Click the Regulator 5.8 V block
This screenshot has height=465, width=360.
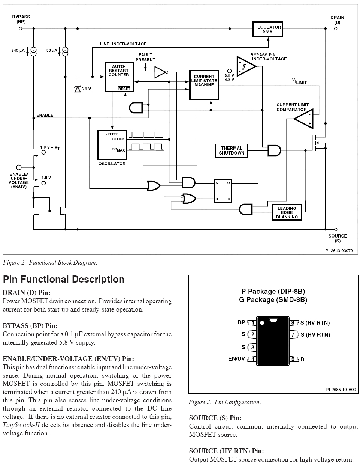[x=267, y=29]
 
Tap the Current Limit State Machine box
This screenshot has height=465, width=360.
[x=204, y=84]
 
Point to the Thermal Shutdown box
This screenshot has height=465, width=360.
[x=232, y=150]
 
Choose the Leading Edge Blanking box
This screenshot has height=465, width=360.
[x=287, y=212]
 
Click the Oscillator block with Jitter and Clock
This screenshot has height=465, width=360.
[x=112, y=145]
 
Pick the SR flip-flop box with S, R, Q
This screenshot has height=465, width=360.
[x=223, y=191]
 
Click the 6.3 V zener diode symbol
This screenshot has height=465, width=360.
[x=78, y=89]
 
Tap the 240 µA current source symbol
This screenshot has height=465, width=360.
[x=34, y=51]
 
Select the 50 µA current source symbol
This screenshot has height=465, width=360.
[x=65, y=51]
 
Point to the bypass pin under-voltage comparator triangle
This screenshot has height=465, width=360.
[x=245, y=66]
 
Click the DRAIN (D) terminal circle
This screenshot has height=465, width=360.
[x=335, y=29]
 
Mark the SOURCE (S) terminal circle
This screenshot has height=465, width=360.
[x=335, y=229]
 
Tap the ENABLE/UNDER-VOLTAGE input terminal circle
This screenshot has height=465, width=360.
[x=19, y=167]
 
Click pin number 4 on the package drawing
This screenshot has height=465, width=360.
[x=253, y=359]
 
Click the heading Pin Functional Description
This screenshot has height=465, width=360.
[x=64, y=279]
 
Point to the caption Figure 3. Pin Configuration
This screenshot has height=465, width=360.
[x=225, y=402]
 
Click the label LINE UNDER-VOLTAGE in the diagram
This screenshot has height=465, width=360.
[x=123, y=44]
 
